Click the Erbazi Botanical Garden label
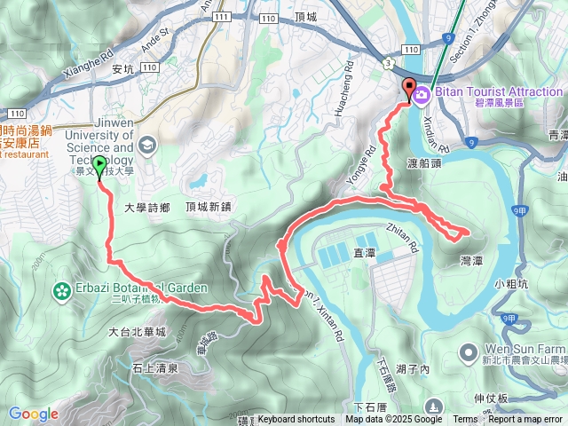pos(140,288)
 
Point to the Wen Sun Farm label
pos(524,350)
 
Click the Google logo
pos(34,414)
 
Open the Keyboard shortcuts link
pos(296,420)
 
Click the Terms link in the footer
pos(465,420)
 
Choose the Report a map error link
pos(525,420)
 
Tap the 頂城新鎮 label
pos(209,206)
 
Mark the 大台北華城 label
pos(137,332)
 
